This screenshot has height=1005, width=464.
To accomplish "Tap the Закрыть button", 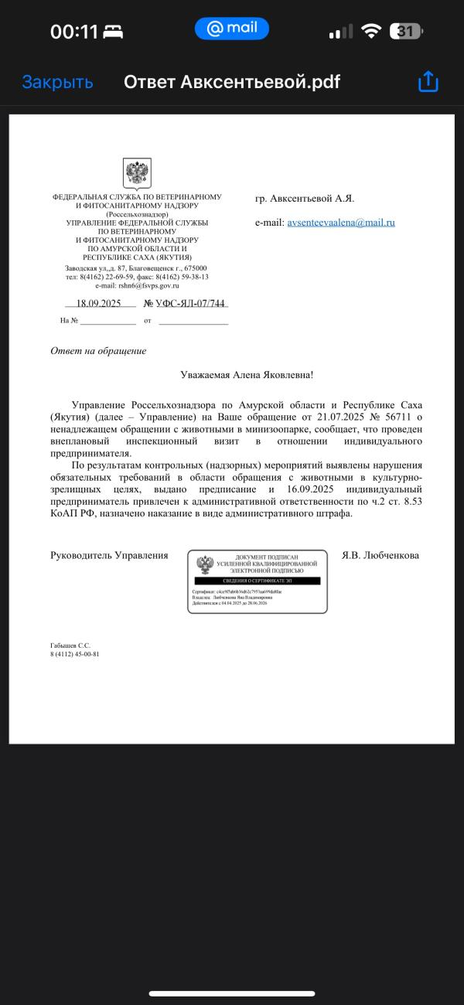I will [57, 82].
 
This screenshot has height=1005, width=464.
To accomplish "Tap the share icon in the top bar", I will [428, 82].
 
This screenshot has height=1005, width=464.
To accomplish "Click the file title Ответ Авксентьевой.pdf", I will [232, 82].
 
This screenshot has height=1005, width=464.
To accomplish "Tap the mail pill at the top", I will [232, 29].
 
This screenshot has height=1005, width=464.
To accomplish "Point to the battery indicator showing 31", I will [406, 32].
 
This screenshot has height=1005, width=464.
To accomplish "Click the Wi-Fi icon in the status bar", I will [371, 32].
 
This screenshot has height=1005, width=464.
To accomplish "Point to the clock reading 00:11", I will [74, 32].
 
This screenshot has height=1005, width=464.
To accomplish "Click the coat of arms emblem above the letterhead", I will [137, 174].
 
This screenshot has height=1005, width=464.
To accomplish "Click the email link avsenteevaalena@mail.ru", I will [341, 223].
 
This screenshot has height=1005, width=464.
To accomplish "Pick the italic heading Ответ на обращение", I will [98, 351].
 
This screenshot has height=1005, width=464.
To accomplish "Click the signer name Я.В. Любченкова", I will [380, 555].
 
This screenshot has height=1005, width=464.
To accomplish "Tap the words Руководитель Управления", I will [109, 555].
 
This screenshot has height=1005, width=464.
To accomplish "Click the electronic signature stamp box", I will [257, 581].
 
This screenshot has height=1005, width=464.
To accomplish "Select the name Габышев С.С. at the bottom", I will [70, 645].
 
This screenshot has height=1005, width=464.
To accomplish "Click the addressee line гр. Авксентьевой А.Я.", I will [305, 199].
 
